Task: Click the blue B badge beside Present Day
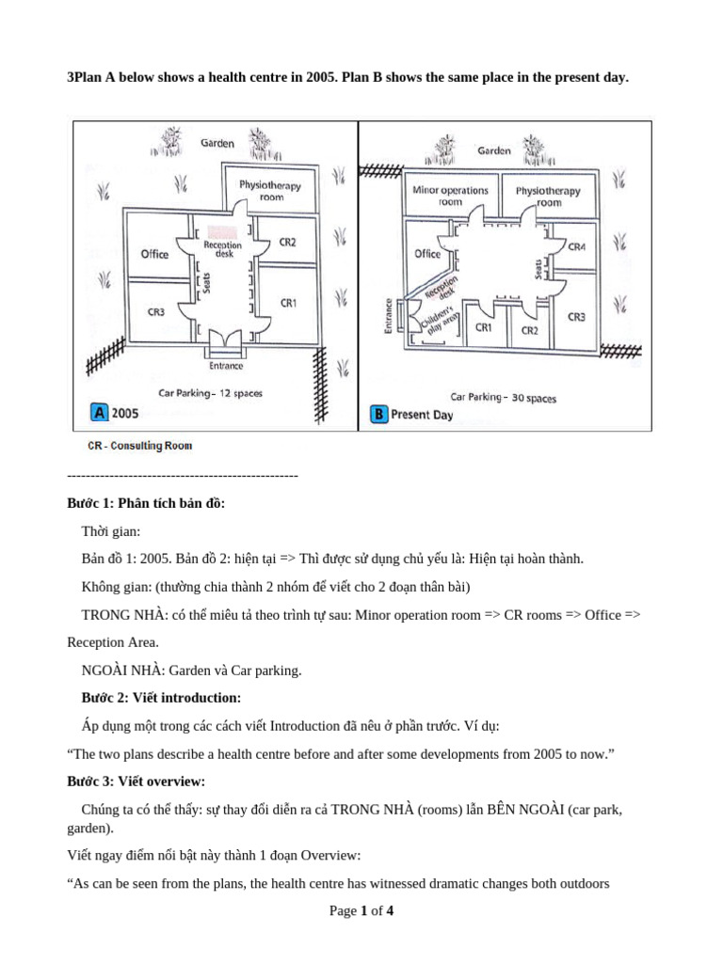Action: click(x=378, y=414)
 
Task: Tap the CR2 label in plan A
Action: click(x=287, y=242)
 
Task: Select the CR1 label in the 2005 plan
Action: click(x=289, y=303)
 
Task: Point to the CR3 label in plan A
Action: click(x=156, y=311)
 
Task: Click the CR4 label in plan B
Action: click(x=576, y=246)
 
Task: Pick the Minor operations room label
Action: click(x=451, y=196)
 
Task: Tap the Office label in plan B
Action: click(x=427, y=254)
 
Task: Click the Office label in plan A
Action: click(x=154, y=254)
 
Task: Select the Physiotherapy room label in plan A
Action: click(x=270, y=191)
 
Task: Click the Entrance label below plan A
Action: click(x=227, y=366)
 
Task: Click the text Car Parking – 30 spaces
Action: click(x=503, y=398)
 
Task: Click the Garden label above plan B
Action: click(x=494, y=150)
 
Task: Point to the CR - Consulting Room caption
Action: click(x=139, y=446)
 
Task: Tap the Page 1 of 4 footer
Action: click(x=361, y=910)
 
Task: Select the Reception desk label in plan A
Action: click(x=222, y=249)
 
